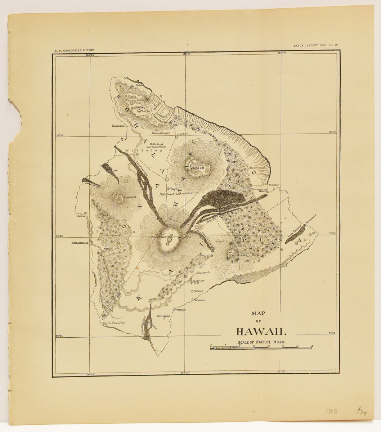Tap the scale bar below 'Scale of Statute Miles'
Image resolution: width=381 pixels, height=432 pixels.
coord(261,348)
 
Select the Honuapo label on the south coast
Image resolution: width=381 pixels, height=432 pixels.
coord(180,310)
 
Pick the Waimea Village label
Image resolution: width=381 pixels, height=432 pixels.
coord(161,133)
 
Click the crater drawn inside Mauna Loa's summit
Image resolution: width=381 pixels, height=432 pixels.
coord(170,239)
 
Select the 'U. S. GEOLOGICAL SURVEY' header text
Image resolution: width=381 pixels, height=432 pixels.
coord(75,51)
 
